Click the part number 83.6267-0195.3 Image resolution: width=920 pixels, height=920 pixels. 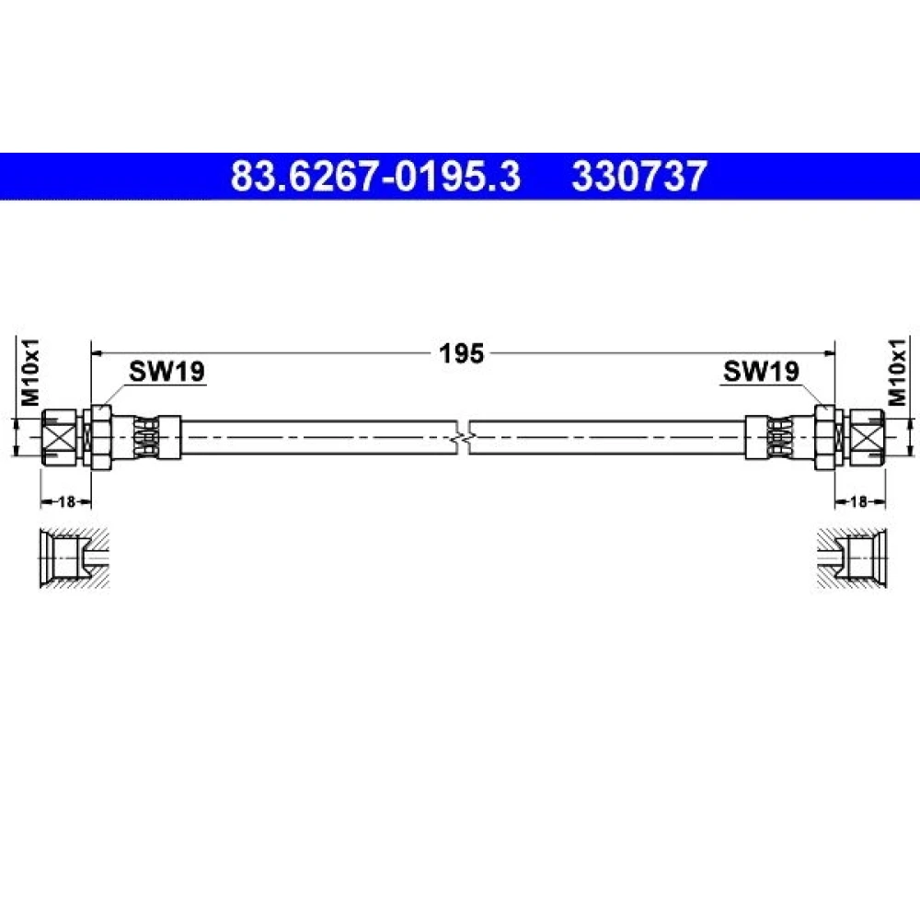375,176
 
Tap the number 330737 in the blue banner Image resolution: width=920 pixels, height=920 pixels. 639,176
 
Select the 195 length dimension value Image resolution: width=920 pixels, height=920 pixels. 462,353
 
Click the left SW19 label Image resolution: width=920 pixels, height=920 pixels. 167,371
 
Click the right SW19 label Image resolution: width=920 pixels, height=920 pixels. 761,371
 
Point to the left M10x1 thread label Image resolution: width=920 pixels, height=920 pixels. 30,372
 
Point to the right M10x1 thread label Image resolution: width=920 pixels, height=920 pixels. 897,372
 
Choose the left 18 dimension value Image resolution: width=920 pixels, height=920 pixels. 66,501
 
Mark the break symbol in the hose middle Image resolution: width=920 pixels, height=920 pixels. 463,437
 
